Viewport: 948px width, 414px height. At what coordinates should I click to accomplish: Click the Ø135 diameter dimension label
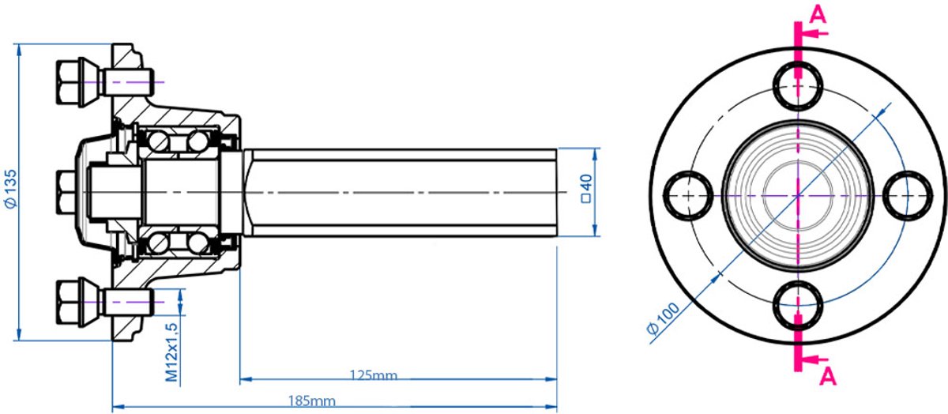click(11, 188)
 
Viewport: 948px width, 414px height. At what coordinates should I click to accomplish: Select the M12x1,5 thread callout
click(171, 352)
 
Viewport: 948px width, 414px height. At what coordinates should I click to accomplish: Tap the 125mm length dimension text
click(373, 375)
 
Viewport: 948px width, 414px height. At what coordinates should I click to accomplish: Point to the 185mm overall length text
click(312, 401)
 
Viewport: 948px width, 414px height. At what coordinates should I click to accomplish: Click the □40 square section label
click(586, 189)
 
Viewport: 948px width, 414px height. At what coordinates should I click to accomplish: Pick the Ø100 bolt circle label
click(662, 318)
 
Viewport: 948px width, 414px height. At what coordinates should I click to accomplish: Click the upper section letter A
click(818, 16)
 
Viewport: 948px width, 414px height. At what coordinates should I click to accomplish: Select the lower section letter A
click(828, 376)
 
